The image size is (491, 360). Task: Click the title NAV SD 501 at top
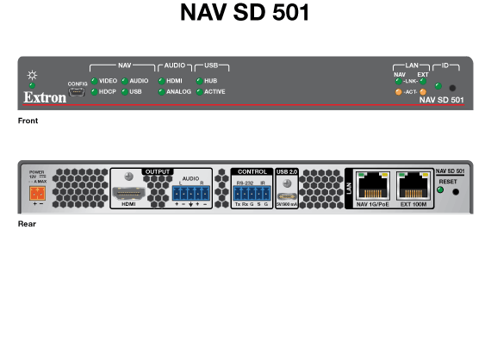[x=245, y=14]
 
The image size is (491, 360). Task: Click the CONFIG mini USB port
[x=78, y=90]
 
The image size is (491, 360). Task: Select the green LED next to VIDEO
[x=93, y=80]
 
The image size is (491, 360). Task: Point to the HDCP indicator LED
[x=93, y=90]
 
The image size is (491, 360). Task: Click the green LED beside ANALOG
[x=160, y=90]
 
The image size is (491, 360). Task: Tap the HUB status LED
[x=199, y=80]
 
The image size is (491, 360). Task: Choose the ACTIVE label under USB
[x=215, y=90]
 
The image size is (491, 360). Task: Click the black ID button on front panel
[x=452, y=88]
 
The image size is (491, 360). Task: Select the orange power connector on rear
[x=36, y=192]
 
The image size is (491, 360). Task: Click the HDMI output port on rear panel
[x=129, y=189]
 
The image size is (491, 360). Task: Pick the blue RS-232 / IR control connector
[x=252, y=192]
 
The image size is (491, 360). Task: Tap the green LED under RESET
[x=441, y=190]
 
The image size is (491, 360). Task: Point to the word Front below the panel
[x=28, y=121]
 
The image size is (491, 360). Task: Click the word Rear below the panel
[x=27, y=224]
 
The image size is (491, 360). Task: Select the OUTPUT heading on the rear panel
[x=158, y=171]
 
